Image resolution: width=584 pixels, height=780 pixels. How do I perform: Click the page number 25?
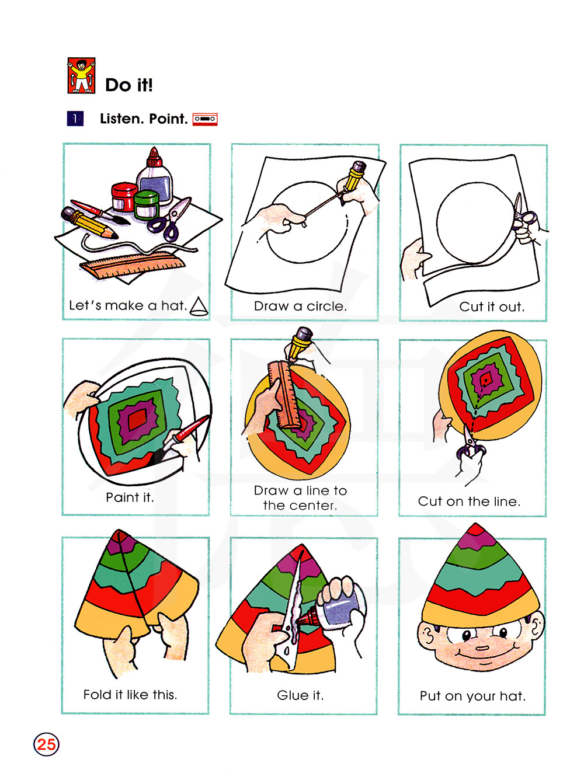point(46,744)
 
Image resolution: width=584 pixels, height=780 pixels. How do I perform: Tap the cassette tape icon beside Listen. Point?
point(205,119)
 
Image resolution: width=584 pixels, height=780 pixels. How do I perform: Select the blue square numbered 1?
point(75,119)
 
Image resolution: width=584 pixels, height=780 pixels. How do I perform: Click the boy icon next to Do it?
point(81,75)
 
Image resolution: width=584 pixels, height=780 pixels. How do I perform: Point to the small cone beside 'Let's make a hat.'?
point(199,307)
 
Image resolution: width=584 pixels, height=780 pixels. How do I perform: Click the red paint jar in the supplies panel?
point(124,197)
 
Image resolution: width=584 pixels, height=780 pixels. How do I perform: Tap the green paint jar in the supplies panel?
point(146,205)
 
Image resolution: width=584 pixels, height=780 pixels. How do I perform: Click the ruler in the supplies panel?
point(133,264)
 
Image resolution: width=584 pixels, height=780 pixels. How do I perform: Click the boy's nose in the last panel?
point(482,647)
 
